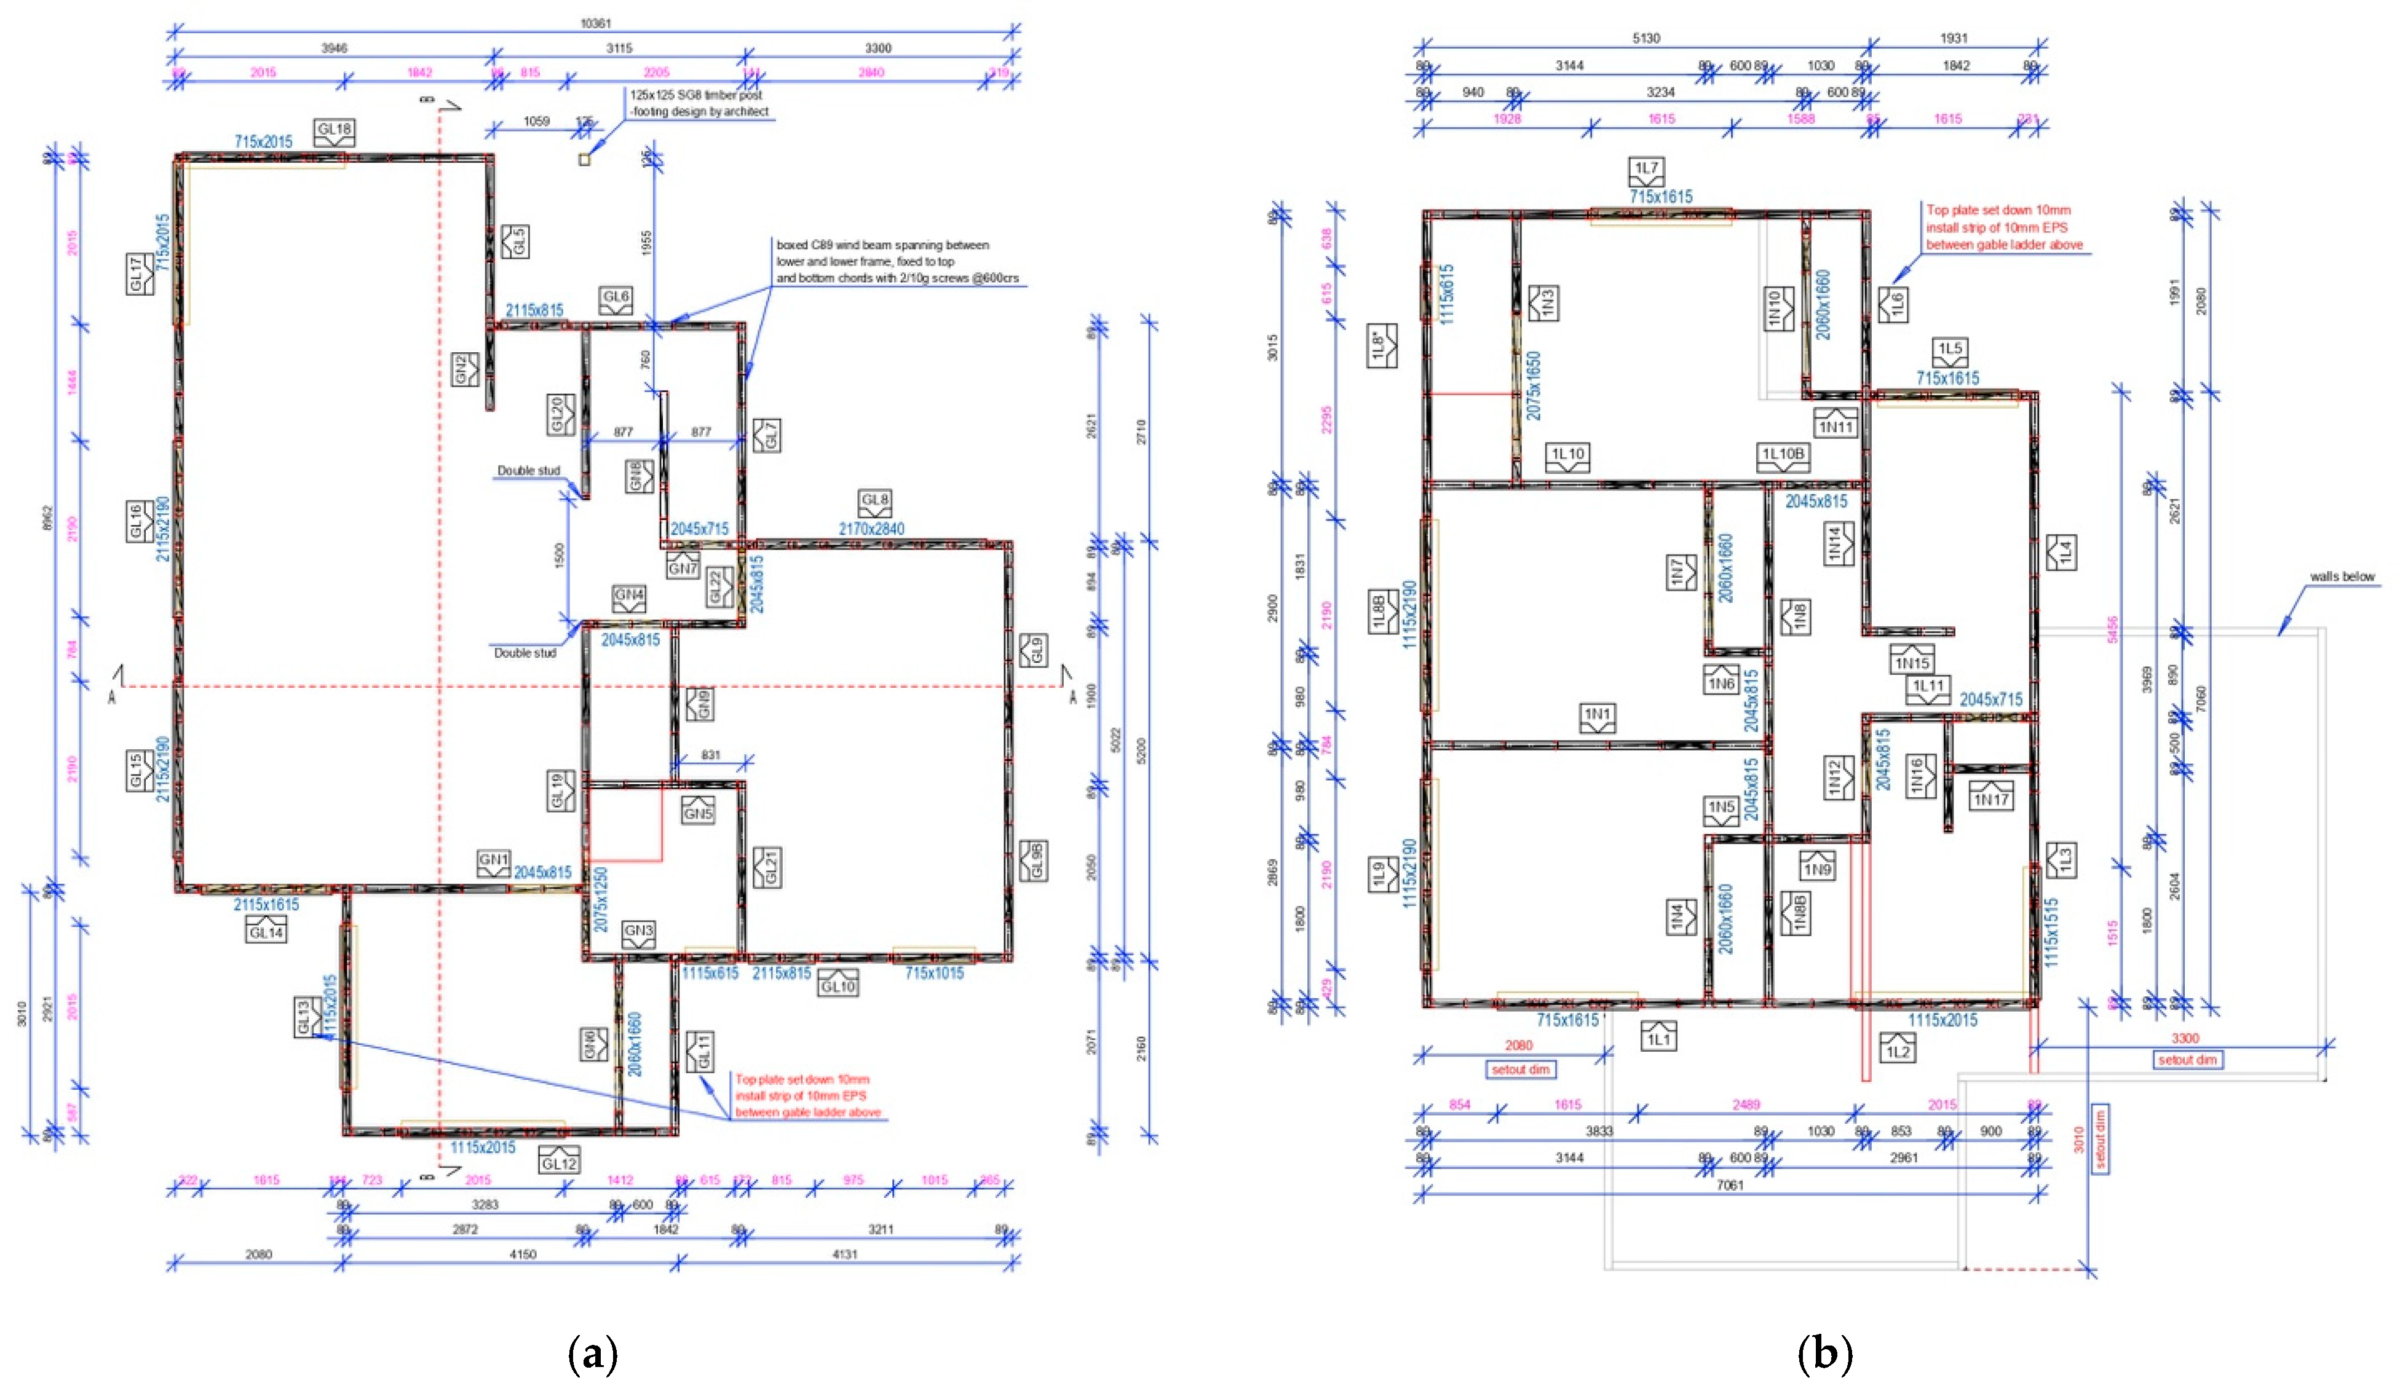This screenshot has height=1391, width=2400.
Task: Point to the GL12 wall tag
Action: point(559,1162)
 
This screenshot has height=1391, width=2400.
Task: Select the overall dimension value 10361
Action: point(595,23)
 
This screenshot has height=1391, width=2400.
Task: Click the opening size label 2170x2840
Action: point(871,529)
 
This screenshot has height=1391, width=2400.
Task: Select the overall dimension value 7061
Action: point(1730,1184)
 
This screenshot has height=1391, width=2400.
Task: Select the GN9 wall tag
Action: point(699,704)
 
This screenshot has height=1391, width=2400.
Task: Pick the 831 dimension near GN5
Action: point(710,754)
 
